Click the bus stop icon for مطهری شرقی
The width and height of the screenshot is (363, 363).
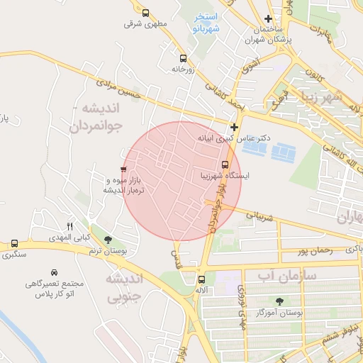(145, 13)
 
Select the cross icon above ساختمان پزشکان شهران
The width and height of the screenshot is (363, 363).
(267, 19)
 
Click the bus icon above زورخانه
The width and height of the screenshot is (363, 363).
(184, 59)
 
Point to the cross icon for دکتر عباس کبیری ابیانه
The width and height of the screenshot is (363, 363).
(235, 127)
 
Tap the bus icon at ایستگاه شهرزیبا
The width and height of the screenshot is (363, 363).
(225, 165)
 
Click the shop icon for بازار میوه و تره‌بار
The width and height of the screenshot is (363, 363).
(123, 169)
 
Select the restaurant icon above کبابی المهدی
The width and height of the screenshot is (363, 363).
(69, 225)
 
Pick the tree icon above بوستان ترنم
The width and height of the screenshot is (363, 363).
(108, 240)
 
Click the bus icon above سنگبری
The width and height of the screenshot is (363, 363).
(15, 243)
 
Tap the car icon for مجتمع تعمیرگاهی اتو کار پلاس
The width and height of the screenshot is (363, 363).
(54, 272)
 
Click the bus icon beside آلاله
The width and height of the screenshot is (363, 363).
(203, 280)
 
